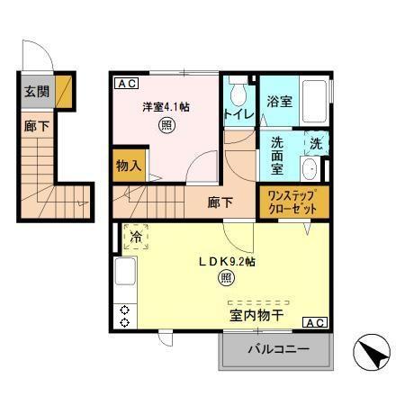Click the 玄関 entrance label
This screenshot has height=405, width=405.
pyautogui.click(x=37, y=92)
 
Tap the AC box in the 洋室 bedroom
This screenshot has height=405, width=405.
pyautogui.click(x=127, y=84)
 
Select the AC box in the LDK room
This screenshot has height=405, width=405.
pyautogui.click(x=315, y=322)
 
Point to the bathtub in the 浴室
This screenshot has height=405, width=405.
pyautogui.click(x=314, y=101)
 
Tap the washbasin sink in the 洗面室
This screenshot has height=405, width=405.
pyautogui.click(x=310, y=169)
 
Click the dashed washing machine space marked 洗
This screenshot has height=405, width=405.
pyautogui.click(x=316, y=143)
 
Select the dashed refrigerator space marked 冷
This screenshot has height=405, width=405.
pyautogui.click(x=136, y=237)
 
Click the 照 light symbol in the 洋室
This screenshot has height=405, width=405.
pyautogui.click(x=166, y=126)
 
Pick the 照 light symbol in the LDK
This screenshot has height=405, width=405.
pyautogui.click(x=226, y=278)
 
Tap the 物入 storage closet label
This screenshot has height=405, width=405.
pyautogui.click(x=129, y=166)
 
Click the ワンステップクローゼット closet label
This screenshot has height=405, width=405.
pyautogui.click(x=292, y=202)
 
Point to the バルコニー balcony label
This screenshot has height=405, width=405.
pyautogui.click(x=278, y=349)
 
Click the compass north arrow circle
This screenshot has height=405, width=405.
pyautogui.click(x=372, y=352)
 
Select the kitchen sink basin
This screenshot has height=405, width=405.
pyautogui.click(x=125, y=271)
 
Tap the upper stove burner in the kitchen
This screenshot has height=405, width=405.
pyautogui.click(x=124, y=310)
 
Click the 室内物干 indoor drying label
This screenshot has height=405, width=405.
pyautogui.click(x=256, y=315)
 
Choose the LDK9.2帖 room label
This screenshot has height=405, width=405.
pyautogui.click(x=227, y=262)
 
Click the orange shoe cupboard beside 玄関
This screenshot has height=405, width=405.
pyautogui.click(x=64, y=92)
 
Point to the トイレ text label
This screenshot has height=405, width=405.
pyautogui.click(x=239, y=114)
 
